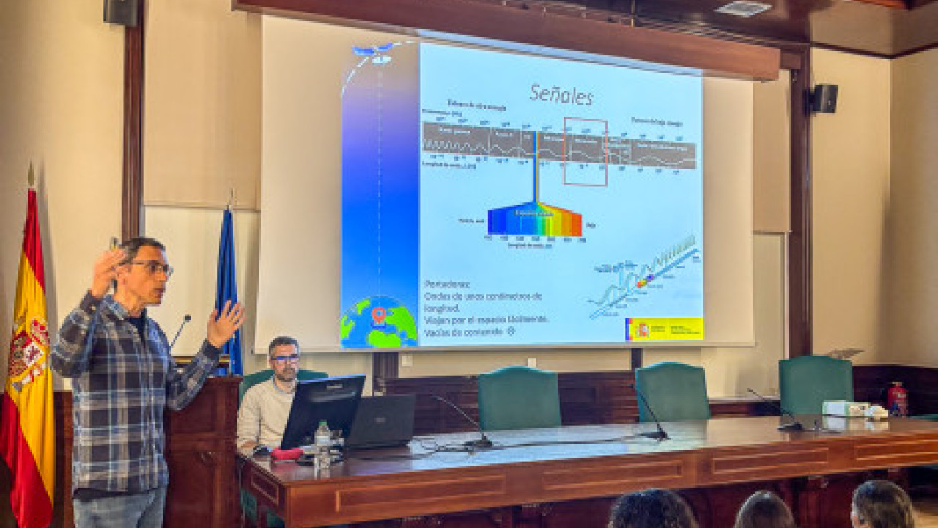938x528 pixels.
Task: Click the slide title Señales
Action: tap(561, 95)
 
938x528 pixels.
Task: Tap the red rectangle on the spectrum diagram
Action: tap(585, 151)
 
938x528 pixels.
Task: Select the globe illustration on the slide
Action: tap(378, 323)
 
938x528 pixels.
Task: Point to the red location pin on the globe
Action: tap(378, 315)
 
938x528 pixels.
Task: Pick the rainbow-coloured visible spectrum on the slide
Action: tap(535, 219)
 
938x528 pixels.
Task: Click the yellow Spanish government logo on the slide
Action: tap(665, 329)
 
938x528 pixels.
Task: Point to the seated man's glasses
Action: tap(284, 359)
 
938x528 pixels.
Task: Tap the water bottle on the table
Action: tap(322, 444)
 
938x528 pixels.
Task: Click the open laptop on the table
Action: tap(381, 421)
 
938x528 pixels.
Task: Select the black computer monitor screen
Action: tap(322, 408)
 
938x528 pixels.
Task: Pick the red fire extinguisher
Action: tap(897, 400)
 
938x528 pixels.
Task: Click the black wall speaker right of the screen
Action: tap(824, 98)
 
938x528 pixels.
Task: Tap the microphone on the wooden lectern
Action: tap(180, 330)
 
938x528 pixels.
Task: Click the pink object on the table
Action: tap(286, 454)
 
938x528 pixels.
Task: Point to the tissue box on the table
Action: tap(836, 408)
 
